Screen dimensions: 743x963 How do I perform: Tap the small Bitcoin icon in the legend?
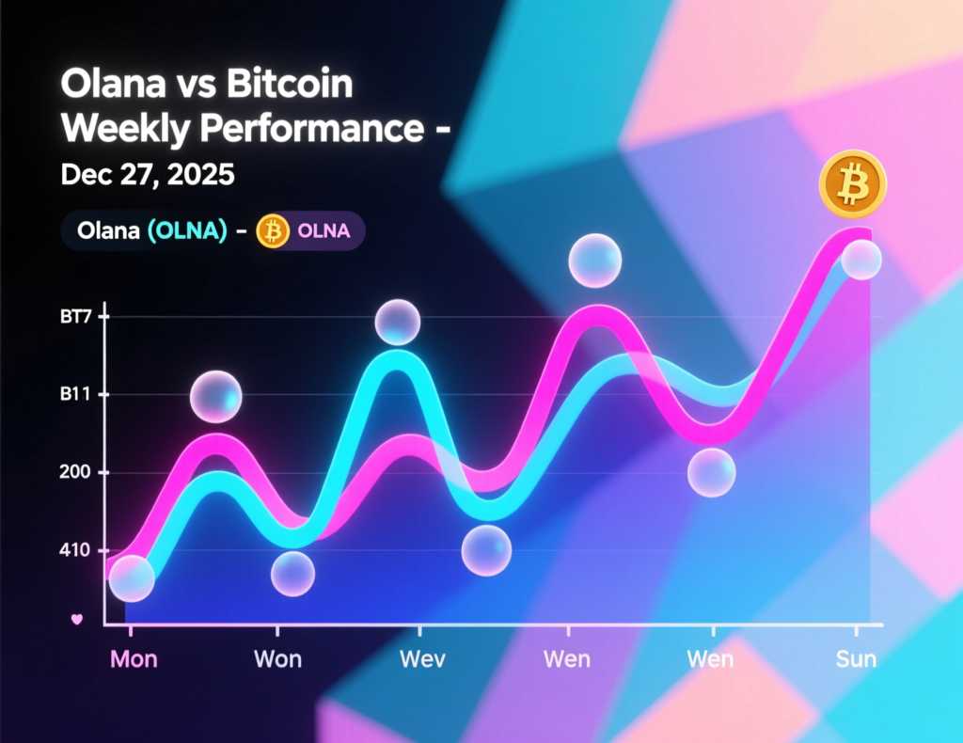(274, 231)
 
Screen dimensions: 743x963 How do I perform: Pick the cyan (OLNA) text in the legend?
(187, 231)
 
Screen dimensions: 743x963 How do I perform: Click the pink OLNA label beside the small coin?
(323, 231)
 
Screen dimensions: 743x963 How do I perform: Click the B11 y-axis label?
(78, 395)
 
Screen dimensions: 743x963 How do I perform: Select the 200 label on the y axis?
(78, 473)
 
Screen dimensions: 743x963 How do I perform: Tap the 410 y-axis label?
(78, 551)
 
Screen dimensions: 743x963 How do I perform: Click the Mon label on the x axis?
(134, 658)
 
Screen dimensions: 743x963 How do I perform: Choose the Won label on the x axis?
(278, 658)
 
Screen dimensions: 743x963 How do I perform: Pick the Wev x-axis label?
(422, 658)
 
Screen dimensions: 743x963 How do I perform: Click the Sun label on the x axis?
(856, 658)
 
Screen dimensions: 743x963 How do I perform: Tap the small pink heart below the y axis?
(78, 619)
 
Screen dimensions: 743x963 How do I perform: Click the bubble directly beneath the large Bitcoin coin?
(861, 260)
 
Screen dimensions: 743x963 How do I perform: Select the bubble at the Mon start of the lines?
(132, 578)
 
